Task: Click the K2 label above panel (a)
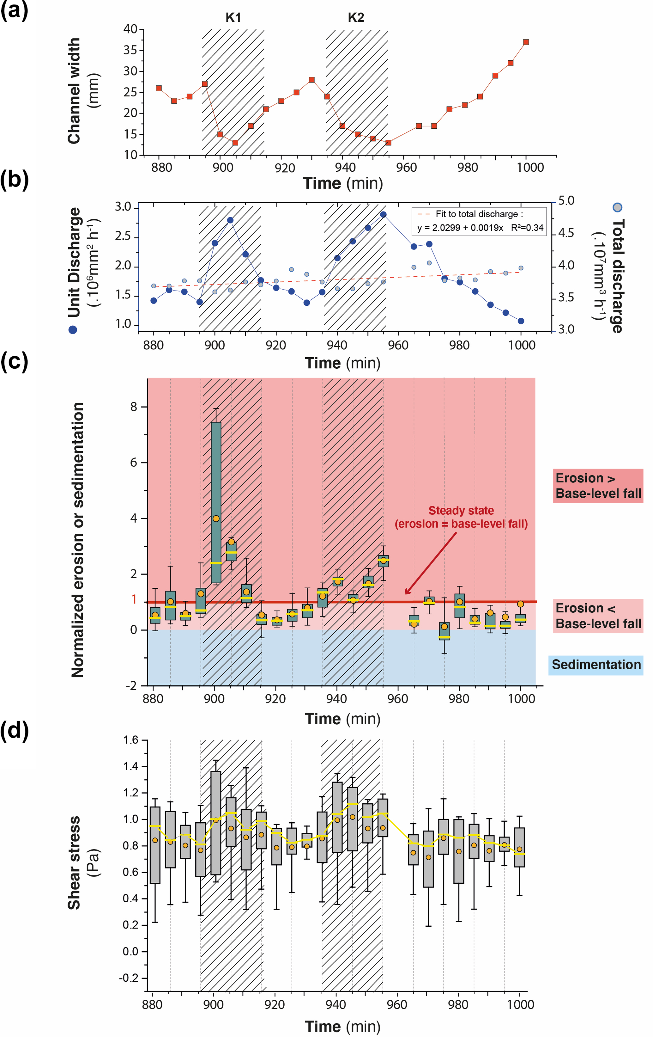coord(355,18)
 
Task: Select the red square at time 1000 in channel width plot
coord(526,42)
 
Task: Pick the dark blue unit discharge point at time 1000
coord(521,321)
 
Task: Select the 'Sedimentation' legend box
coord(596,665)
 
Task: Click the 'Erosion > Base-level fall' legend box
coord(598,486)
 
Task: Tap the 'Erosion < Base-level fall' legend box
coord(598,616)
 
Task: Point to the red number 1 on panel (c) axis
coord(134,599)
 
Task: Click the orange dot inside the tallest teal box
coord(216,518)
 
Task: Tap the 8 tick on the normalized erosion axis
coord(134,407)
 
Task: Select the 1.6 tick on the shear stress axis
coord(130,740)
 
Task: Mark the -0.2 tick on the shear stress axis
coord(129,978)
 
